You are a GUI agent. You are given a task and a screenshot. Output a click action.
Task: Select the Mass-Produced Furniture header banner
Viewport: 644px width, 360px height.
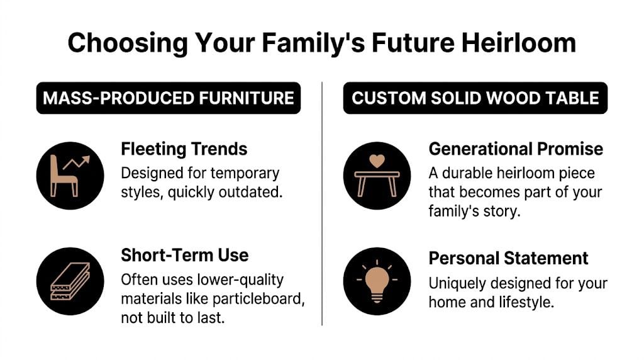pos(168,98)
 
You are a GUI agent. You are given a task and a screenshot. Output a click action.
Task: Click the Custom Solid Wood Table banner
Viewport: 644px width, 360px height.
pos(475,98)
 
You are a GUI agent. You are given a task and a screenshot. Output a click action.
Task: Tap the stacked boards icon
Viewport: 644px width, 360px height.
pos(69,281)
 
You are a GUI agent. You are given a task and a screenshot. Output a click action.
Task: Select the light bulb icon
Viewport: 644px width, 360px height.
pos(377,281)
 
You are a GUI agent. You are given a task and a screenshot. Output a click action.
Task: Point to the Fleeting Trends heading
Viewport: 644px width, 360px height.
pos(184,149)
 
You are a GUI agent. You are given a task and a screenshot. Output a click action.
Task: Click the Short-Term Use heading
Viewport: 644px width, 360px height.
pos(184,255)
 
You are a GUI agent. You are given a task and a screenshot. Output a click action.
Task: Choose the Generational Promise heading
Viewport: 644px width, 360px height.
pos(516,149)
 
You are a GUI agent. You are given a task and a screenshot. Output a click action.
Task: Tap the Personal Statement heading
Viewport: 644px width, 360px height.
pos(508,258)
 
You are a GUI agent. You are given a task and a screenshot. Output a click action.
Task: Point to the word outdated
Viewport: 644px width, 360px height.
pos(252,191)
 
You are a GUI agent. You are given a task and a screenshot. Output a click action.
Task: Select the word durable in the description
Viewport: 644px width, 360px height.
pos(465,172)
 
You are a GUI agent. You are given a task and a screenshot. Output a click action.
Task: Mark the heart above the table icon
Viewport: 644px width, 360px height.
pos(377,161)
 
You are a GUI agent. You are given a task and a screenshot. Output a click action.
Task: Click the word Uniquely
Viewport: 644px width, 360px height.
pos(455,283)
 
